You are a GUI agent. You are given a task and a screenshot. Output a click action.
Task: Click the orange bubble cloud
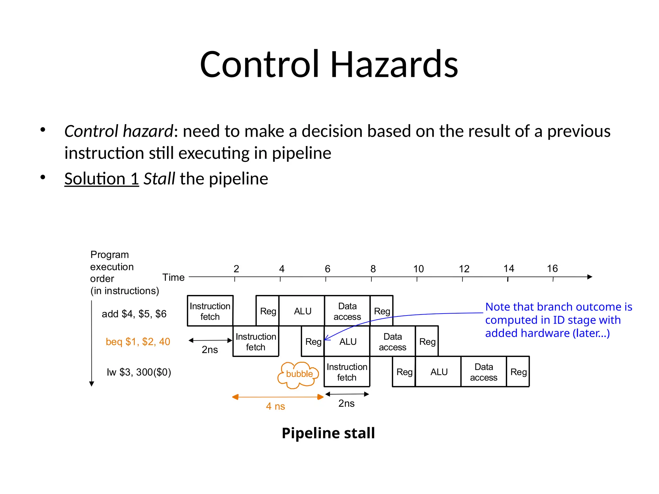coord(298,374)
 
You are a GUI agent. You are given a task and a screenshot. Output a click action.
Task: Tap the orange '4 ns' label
coord(275,407)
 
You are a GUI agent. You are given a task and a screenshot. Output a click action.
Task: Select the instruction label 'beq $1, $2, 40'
coord(138,342)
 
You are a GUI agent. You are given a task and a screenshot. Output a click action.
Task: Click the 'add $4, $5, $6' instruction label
coord(134,314)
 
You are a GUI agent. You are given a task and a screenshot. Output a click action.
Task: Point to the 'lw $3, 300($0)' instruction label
coord(139,372)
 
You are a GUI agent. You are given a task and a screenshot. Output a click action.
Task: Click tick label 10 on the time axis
coord(418,269)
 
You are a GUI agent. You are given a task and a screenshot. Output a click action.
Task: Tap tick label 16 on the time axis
coord(552,269)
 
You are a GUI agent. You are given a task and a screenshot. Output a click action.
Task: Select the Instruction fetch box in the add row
coord(210,311)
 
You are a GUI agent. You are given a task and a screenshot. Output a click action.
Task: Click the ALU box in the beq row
coord(348,342)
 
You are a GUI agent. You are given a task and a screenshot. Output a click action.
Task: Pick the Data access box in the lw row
coord(483,372)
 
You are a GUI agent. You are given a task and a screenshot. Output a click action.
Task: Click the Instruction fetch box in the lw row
coord(347,372)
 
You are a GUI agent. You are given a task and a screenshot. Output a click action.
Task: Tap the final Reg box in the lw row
coord(518,372)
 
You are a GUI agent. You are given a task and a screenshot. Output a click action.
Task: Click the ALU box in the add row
coord(302,311)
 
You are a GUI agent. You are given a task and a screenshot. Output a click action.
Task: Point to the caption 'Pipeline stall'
coord(328,433)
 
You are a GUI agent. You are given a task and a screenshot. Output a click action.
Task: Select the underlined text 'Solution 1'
coord(101,179)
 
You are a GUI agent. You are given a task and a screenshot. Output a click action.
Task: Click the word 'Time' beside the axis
coord(173,277)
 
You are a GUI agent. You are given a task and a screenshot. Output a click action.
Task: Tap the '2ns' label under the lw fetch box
coord(346,404)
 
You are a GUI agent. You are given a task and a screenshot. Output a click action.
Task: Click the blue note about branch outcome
coord(558,320)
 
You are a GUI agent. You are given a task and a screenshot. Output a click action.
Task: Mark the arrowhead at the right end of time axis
coord(589,277)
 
